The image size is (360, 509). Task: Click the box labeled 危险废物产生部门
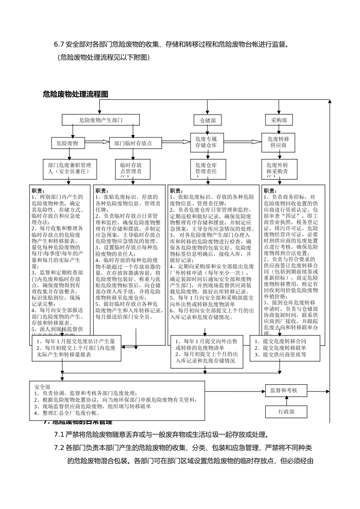(x=100, y=120)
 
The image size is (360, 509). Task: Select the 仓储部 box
(x=208, y=120)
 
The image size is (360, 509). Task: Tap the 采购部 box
(x=279, y=120)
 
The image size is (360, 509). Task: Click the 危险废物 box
(x=67, y=143)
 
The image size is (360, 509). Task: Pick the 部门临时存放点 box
(x=133, y=143)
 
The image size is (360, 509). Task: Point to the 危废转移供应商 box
(x=278, y=142)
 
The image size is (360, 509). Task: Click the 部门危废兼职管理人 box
(x=69, y=168)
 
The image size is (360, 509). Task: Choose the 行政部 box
(x=286, y=412)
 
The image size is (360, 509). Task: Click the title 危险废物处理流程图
(x=75, y=94)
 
